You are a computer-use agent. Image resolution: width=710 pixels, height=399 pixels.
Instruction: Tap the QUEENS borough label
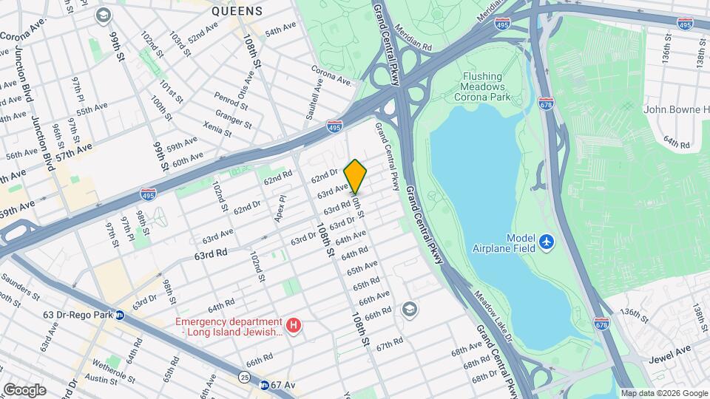coord(237,11)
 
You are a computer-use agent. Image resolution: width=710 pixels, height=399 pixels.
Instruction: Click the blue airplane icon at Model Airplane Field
coord(546,242)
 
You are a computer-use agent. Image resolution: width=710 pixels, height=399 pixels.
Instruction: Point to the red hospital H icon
coord(294,326)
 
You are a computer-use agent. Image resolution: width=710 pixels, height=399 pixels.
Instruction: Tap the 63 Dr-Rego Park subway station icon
coord(119,315)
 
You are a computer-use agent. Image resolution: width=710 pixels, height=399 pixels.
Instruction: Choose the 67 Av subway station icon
coord(264,385)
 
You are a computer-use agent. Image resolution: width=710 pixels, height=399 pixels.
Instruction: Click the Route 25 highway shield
coord(243,378)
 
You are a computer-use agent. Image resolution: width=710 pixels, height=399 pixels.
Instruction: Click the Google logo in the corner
coord(24,390)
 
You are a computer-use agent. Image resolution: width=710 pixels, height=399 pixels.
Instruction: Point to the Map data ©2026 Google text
coord(663,393)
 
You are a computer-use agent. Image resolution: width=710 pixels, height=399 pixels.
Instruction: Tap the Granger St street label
coord(229,116)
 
